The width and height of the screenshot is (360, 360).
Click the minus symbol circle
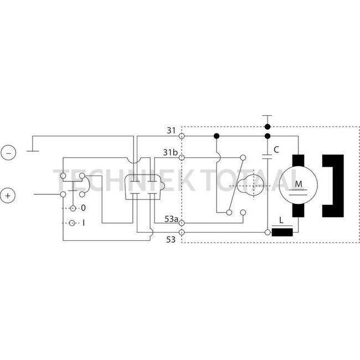tap(8, 152)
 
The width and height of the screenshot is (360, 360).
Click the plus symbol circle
tap(8, 196)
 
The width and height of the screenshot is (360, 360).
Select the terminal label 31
tap(171, 131)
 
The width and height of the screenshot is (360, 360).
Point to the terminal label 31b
tap(171, 152)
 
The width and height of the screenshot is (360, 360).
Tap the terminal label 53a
tap(171, 220)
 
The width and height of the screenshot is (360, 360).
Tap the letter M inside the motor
tap(299, 183)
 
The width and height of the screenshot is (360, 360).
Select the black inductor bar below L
tap(282, 232)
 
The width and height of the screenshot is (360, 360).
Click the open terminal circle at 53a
tap(181, 223)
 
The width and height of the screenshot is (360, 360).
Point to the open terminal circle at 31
tap(181, 135)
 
